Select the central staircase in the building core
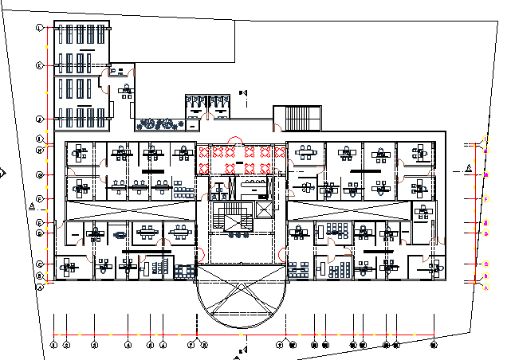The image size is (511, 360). (230, 215)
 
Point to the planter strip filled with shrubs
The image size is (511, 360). (158, 123)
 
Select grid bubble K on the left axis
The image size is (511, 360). (39, 65)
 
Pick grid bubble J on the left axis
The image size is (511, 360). (39, 119)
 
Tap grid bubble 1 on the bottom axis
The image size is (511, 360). (53, 345)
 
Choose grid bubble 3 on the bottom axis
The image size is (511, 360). (94, 345)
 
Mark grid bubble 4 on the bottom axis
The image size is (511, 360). (128, 345)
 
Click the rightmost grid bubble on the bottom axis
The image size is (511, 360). (434, 345)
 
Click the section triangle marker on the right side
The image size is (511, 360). (468, 168)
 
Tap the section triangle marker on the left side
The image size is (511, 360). (31, 205)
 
